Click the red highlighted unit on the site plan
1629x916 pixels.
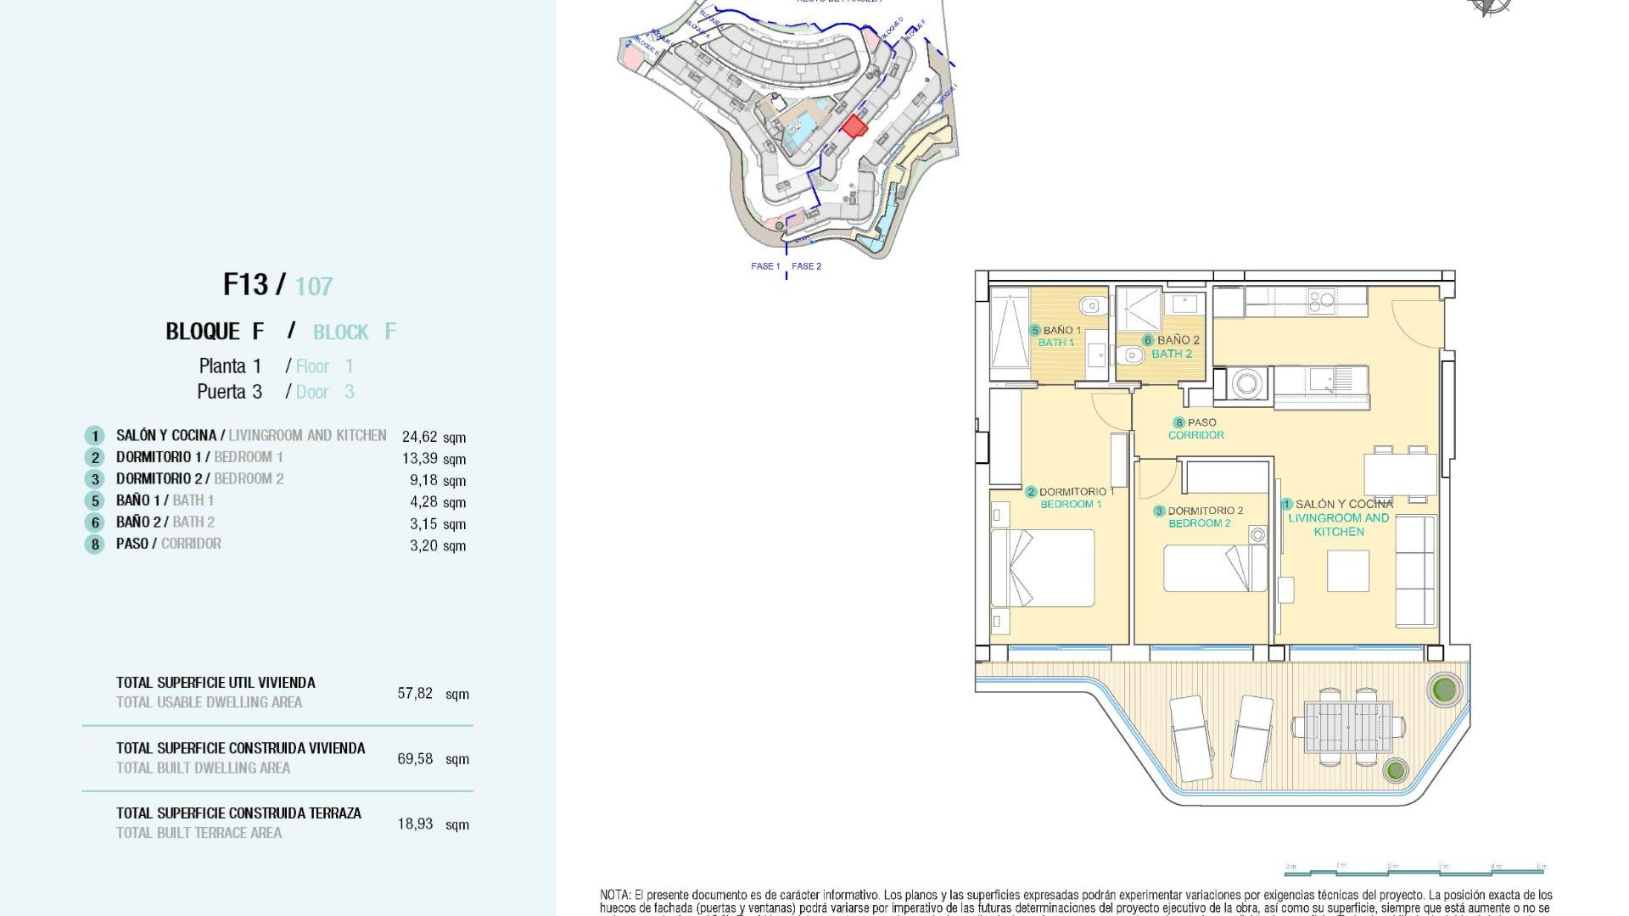[854, 127]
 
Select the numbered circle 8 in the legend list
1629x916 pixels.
[94, 544]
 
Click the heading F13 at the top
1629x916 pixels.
[245, 284]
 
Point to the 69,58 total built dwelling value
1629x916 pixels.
[415, 759]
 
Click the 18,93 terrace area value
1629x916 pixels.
[415, 824]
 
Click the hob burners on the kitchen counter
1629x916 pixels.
[1322, 299]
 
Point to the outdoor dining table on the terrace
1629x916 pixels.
[1347, 727]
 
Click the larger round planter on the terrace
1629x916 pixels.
[1443, 689]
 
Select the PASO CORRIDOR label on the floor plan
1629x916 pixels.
[1196, 428]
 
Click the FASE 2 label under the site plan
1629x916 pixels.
[806, 266]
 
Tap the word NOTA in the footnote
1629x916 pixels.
[614, 895]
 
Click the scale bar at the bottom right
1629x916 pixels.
[1415, 869]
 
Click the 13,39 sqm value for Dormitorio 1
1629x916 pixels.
[420, 459]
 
